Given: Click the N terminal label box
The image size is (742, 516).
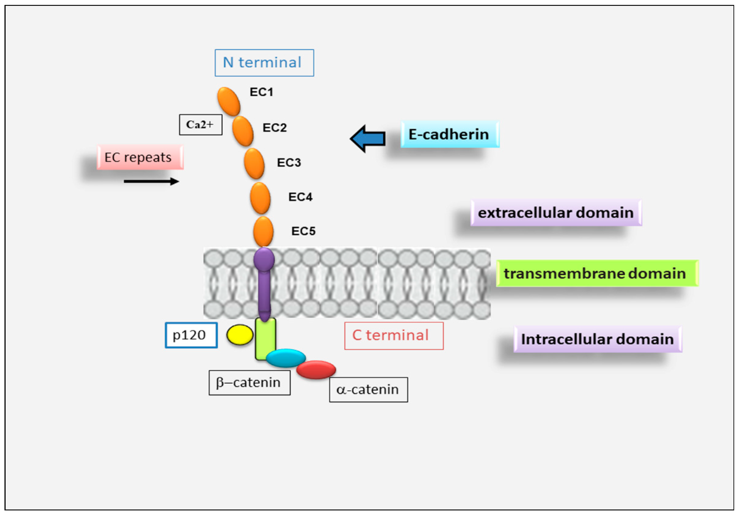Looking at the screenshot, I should point(264,63).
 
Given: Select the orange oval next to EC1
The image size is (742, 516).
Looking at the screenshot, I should point(229,101).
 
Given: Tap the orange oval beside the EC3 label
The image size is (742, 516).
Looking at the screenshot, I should point(254,164).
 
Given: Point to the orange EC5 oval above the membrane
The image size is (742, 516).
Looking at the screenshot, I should point(263,231).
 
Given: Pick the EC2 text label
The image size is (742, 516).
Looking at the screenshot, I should point(274,127).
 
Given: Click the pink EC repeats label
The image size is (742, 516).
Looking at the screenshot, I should point(140,157).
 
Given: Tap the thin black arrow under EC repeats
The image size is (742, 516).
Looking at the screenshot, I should point(151,181).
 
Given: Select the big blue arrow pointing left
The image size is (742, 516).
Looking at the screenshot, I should point(368,138).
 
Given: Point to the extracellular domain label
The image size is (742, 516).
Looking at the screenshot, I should point(556,213).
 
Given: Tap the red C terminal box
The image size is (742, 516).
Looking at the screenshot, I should point(394,336).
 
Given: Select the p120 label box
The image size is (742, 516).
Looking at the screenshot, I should point(191,335).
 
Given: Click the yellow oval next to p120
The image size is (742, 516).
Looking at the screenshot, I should point(239,335).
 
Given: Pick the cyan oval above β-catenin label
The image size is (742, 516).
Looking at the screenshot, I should point(286,357).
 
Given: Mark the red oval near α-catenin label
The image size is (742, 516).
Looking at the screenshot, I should point(316,369).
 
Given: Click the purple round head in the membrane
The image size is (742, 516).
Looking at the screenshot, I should point(264,259).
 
